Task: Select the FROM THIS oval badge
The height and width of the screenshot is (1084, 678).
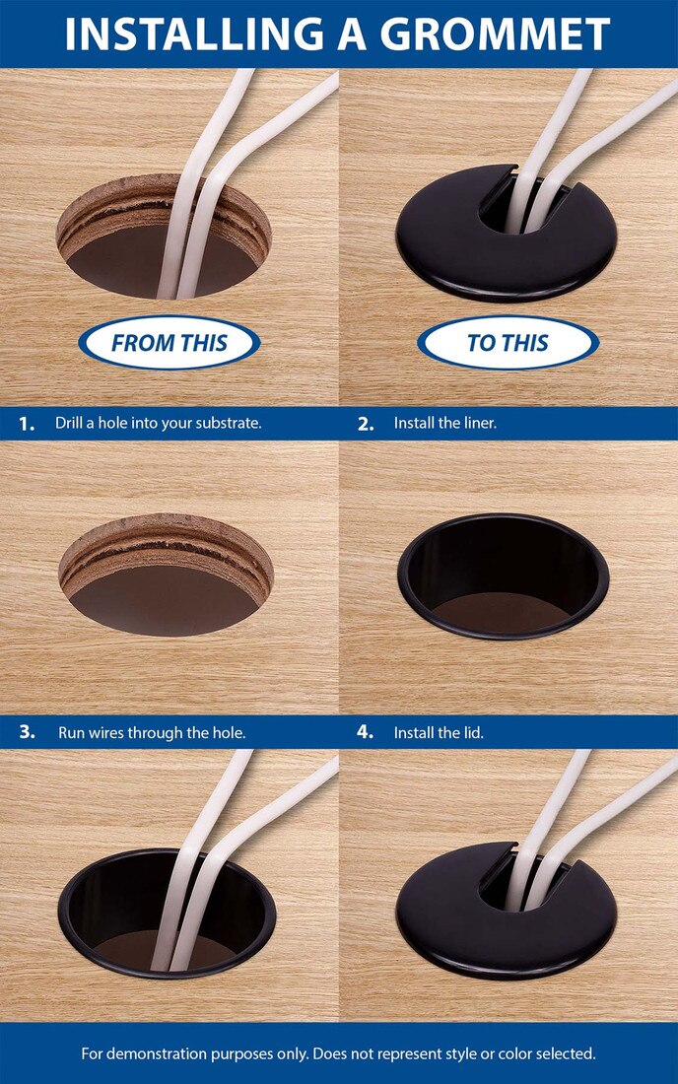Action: pos(169,343)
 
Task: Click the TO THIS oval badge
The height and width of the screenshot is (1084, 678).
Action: pos(508,343)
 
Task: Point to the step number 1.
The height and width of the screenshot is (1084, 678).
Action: pos(27,424)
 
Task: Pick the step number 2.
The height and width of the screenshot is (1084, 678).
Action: pos(366,424)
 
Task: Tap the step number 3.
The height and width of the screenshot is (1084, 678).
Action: pos(27,732)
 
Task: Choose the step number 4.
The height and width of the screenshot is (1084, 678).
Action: pos(366,732)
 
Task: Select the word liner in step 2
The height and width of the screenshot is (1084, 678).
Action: pos(477,424)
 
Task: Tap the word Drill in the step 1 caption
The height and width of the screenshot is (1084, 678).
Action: pos(71,424)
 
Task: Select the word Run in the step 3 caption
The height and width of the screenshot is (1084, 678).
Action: pos(69,732)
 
